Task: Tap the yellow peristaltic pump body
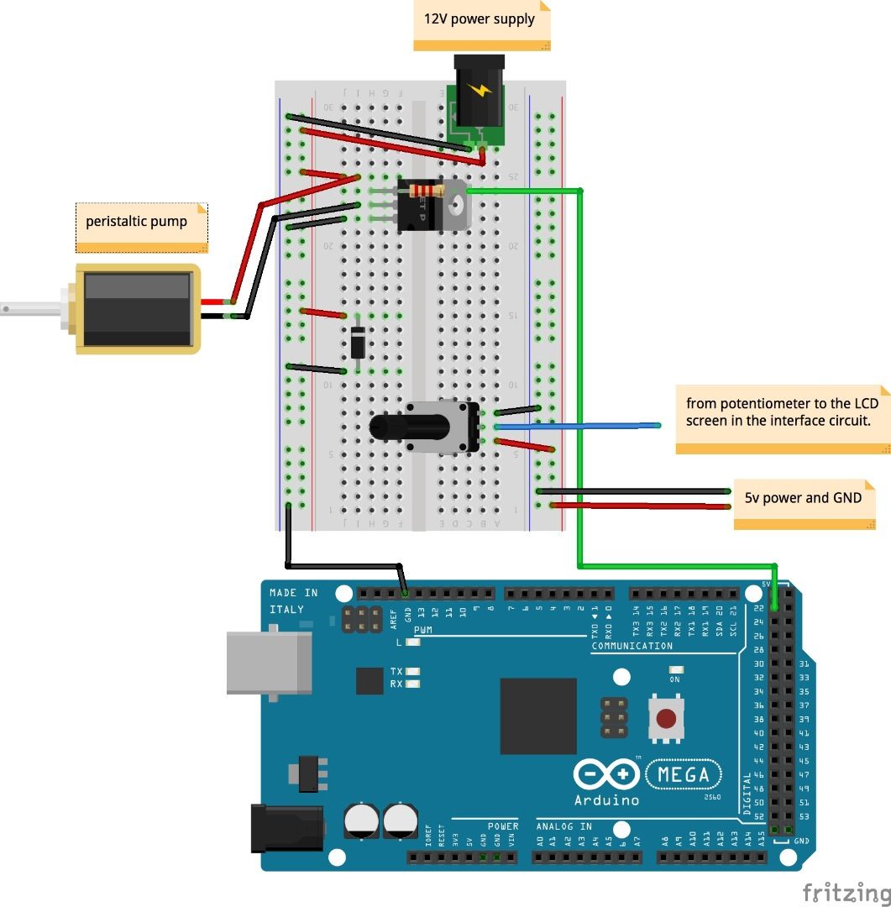point(138,308)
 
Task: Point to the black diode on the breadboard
point(358,342)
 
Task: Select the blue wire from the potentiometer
point(579,426)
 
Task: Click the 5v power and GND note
point(804,499)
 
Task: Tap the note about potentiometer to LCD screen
point(781,412)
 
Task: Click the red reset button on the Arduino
point(666,719)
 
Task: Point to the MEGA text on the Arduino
point(684,774)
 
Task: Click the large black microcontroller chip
point(538,716)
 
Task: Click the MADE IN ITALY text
point(293,600)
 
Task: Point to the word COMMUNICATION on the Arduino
point(632,646)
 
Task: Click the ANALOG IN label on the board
point(563,826)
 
